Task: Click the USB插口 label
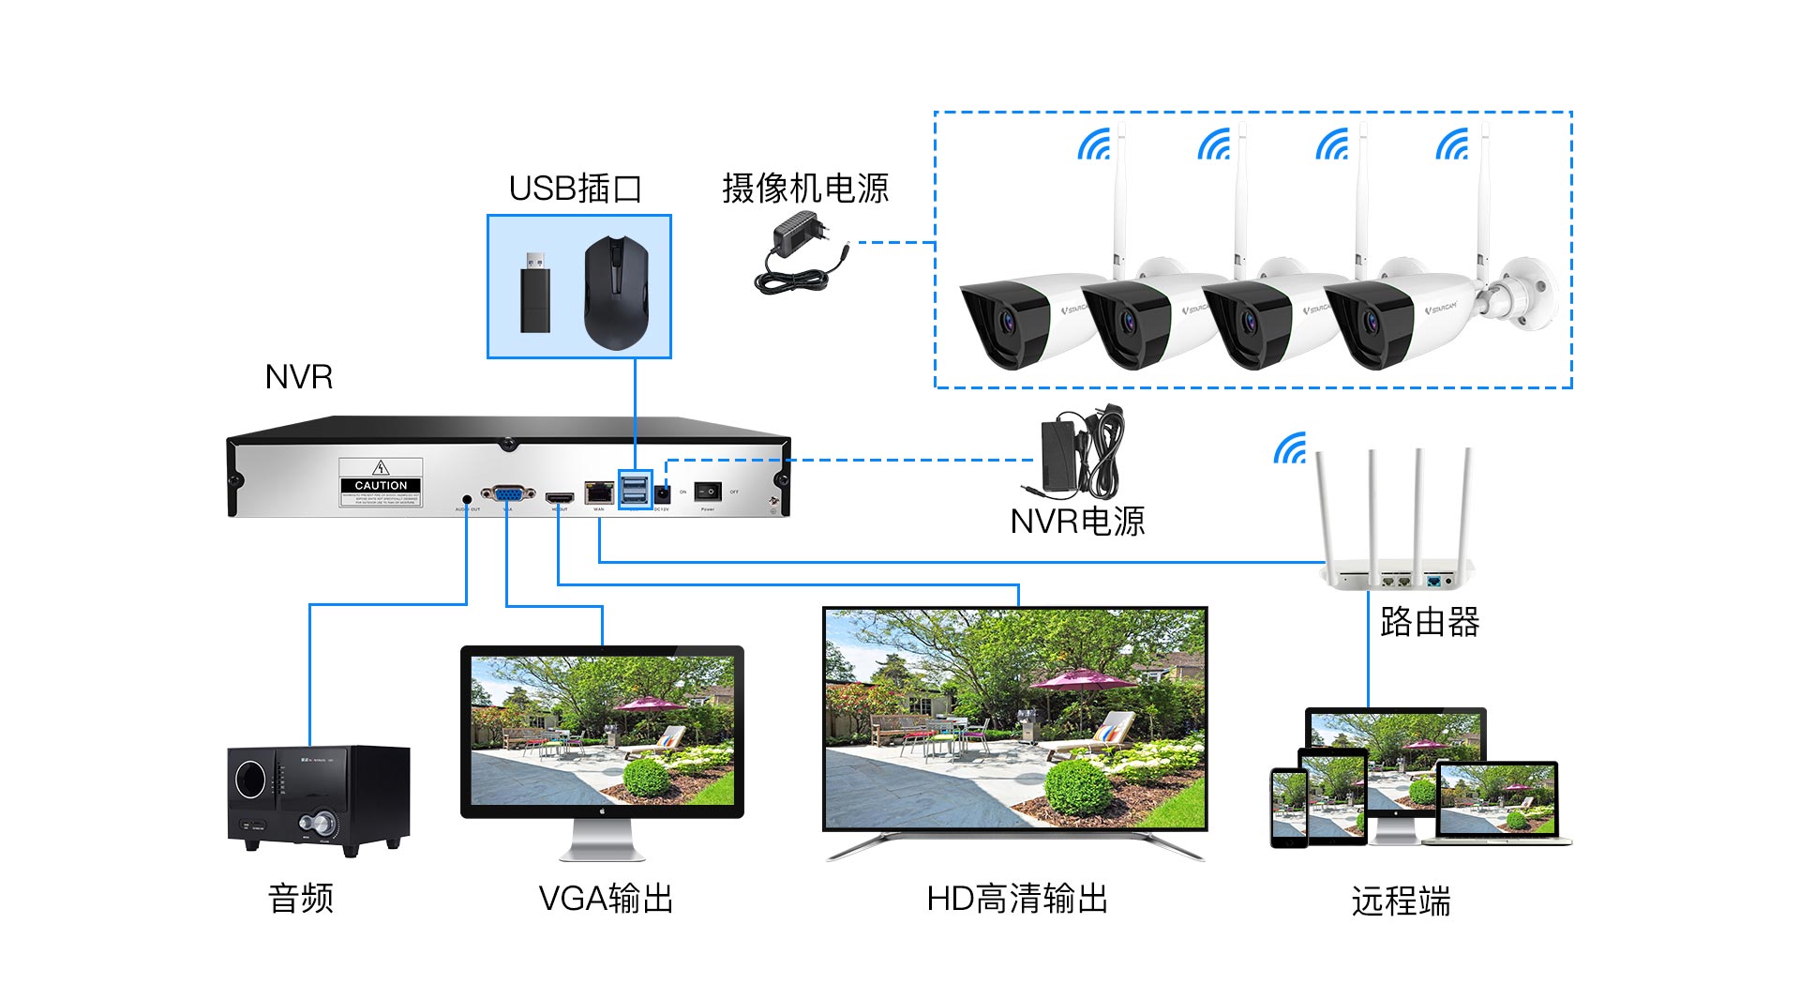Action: [575, 189]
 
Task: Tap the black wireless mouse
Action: [616, 292]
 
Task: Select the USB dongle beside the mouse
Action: [535, 291]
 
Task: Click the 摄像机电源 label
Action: [804, 189]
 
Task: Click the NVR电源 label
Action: [1077, 522]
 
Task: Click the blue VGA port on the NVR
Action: [507, 493]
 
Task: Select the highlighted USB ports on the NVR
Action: [635, 489]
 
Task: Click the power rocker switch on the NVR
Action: [708, 492]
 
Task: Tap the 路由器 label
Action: [1429, 622]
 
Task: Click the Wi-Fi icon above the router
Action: [1291, 449]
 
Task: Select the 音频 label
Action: [301, 899]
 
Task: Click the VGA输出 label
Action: [606, 899]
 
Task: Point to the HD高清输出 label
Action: [1017, 899]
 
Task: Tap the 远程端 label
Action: [1401, 902]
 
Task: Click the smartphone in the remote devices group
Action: [1289, 807]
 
